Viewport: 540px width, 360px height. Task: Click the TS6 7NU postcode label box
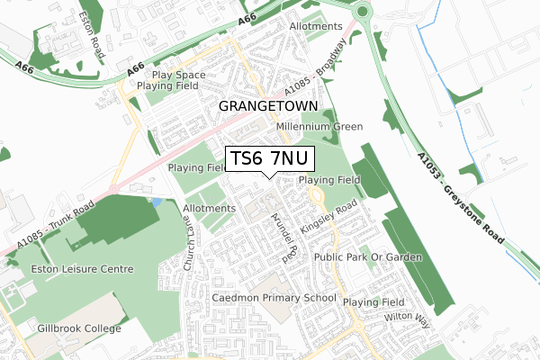[x=269, y=158]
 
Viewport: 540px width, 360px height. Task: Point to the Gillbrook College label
[x=78, y=328]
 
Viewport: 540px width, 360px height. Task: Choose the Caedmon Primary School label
[x=274, y=297]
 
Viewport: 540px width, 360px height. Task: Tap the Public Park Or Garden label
[x=368, y=257]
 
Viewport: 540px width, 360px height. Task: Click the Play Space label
[x=180, y=75]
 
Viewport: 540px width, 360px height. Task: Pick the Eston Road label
[x=90, y=35]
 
